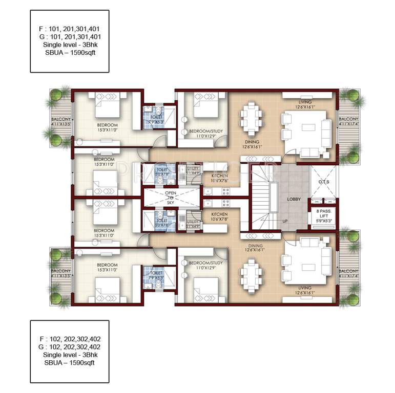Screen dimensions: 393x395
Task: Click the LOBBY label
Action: tap(294, 199)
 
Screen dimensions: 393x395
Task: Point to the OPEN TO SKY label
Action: tap(171, 197)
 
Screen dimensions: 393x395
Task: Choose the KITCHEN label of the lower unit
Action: tap(219, 214)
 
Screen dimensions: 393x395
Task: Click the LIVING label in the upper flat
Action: tap(305, 102)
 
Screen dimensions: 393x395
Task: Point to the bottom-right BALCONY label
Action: tap(348, 272)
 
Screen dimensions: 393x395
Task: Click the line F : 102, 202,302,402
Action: tap(69, 339)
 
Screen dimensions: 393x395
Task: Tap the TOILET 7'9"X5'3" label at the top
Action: tap(152, 119)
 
